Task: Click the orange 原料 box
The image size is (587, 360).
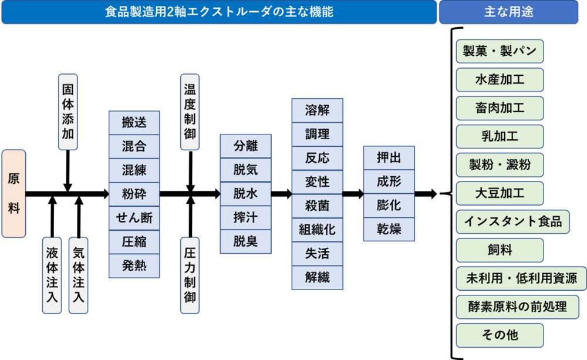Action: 14,193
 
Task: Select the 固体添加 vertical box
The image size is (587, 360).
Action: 68,112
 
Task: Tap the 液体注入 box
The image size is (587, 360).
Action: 52,275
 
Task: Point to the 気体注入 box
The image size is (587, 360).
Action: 78,275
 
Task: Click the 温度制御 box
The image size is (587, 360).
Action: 190,112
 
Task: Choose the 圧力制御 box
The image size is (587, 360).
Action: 190,275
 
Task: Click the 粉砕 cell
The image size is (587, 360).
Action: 134,194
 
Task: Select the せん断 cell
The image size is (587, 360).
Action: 134,218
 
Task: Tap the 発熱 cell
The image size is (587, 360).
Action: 134,265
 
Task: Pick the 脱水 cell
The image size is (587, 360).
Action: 245,194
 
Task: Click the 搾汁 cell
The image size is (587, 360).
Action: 245,217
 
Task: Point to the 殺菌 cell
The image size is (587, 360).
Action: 317,206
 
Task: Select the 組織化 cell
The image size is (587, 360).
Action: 317,230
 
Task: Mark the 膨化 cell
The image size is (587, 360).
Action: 389,205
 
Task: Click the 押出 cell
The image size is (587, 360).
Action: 389,158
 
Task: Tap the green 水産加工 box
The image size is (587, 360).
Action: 500,80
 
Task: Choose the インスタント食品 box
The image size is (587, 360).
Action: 512,221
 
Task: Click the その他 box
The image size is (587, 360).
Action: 500,335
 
